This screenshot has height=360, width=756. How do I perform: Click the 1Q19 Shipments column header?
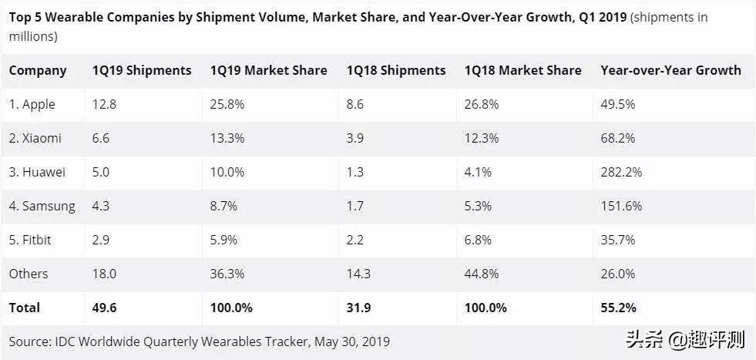[142, 70]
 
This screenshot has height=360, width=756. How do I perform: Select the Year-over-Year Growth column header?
[670, 70]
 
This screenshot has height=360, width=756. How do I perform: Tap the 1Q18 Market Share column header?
[522, 70]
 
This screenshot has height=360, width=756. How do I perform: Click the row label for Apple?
[32, 104]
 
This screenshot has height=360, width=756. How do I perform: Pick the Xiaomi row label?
[35, 138]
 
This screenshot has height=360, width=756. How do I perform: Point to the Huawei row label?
[37, 172]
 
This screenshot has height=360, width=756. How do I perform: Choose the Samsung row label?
[42, 206]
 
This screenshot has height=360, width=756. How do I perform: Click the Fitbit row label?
[31, 240]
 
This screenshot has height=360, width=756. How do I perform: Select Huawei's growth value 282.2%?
[621, 172]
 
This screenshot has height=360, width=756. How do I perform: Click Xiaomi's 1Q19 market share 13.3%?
[228, 138]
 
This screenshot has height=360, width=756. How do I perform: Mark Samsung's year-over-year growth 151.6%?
[621, 206]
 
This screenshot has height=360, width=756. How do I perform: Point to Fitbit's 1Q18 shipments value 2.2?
[355, 240]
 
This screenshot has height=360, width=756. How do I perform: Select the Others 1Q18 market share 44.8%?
[482, 274]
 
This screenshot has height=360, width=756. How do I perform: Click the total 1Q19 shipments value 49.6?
[104, 308]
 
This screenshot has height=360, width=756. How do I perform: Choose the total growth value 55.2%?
[619, 308]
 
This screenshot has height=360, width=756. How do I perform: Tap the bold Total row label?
[25, 308]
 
